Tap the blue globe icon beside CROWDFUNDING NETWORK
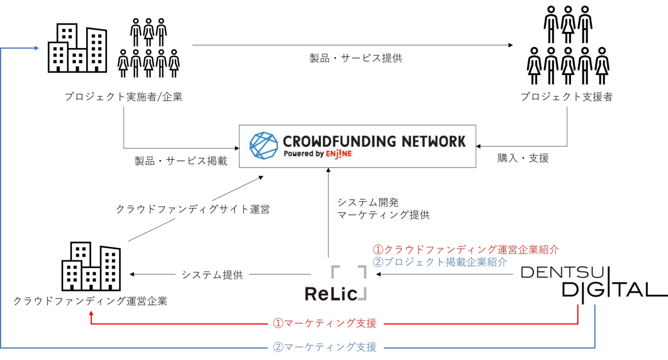click(263, 146)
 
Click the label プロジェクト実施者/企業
click(124, 97)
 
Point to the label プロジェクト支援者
click(566, 97)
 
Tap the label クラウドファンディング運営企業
click(90, 301)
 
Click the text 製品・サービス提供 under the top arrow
click(356, 58)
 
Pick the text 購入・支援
click(523, 158)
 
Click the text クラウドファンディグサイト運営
click(193, 210)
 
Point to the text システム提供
click(212, 274)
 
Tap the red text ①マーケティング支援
click(325, 323)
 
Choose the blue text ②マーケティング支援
click(325, 346)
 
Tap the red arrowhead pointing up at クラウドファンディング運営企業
click(91, 314)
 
